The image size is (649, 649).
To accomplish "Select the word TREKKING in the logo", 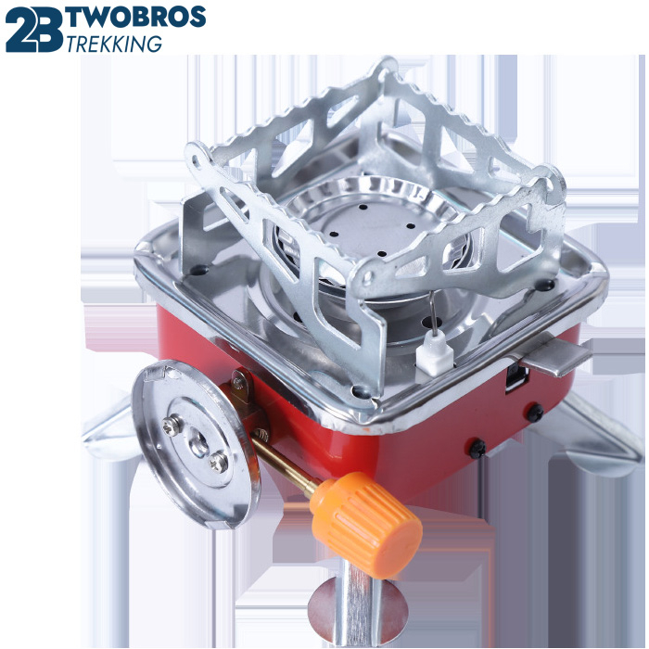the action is (x=114, y=44).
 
